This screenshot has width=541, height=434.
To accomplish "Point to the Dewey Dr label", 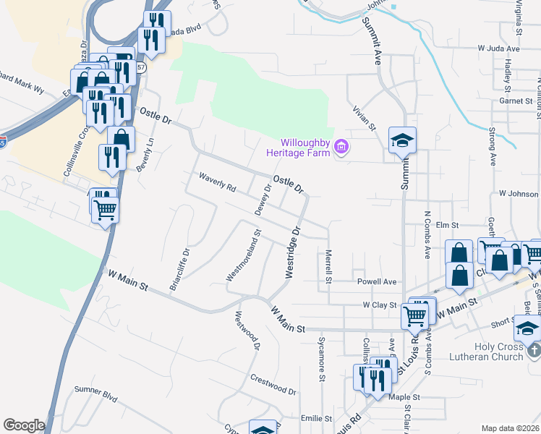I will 263,199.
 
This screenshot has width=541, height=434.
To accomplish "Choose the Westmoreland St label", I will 243,255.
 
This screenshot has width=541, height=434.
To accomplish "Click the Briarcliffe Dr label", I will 179,270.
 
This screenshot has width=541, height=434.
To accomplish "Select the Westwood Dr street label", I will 247,331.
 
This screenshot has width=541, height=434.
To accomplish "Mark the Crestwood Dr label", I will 273,383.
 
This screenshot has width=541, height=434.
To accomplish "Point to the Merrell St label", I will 328,266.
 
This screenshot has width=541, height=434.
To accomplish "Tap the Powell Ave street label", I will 376,281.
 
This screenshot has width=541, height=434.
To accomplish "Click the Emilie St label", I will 316,418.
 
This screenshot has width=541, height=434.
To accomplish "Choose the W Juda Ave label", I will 498,48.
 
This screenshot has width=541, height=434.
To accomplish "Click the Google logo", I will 24,425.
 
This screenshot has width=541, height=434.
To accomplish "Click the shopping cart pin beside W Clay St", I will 415,314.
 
